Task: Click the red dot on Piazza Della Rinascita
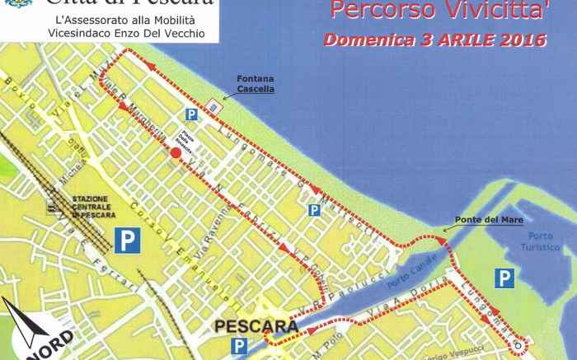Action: click(x=175, y=152)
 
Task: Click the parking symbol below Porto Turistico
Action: click(x=504, y=278)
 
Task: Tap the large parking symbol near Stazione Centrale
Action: click(x=127, y=240)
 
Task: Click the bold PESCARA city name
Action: click(x=256, y=326)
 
